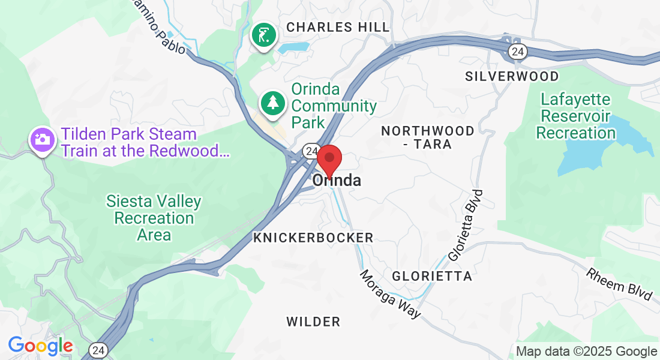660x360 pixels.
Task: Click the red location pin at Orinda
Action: click(x=329, y=159)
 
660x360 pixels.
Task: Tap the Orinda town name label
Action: click(x=337, y=180)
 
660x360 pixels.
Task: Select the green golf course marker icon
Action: click(x=263, y=36)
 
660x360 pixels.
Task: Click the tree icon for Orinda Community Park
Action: click(x=273, y=102)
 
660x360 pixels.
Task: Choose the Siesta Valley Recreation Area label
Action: click(x=154, y=217)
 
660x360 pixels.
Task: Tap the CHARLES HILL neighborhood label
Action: click(x=338, y=27)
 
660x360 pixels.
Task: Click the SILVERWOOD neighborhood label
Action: click(x=512, y=76)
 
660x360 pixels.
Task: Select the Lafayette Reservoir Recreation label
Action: click(x=575, y=116)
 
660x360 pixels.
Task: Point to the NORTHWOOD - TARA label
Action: click(x=428, y=137)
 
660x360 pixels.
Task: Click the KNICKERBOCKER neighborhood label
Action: click(x=313, y=238)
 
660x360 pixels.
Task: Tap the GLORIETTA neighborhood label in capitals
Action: click(x=432, y=276)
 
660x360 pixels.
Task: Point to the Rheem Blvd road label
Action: click(x=619, y=284)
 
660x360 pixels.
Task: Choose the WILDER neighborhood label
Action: click(x=313, y=322)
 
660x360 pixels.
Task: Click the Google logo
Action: click(x=40, y=346)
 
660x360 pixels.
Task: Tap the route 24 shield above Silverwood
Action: click(x=517, y=52)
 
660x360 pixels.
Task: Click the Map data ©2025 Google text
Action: click(x=587, y=351)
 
